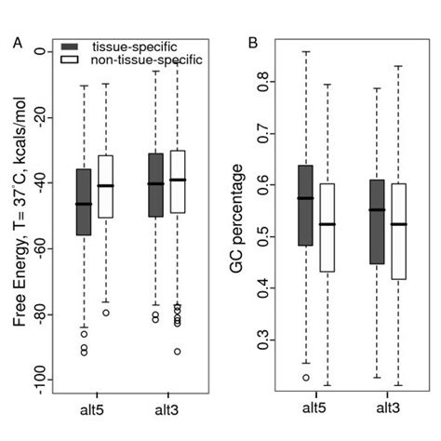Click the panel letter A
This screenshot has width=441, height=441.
(x=17, y=42)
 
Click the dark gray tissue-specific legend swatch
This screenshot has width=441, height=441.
(x=74, y=46)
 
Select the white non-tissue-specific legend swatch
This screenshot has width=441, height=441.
(x=74, y=60)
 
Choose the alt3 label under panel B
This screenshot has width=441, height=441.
(x=388, y=408)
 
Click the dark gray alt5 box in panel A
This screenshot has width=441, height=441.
(x=84, y=202)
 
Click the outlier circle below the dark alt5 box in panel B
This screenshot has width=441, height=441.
(x=305, y=377)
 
